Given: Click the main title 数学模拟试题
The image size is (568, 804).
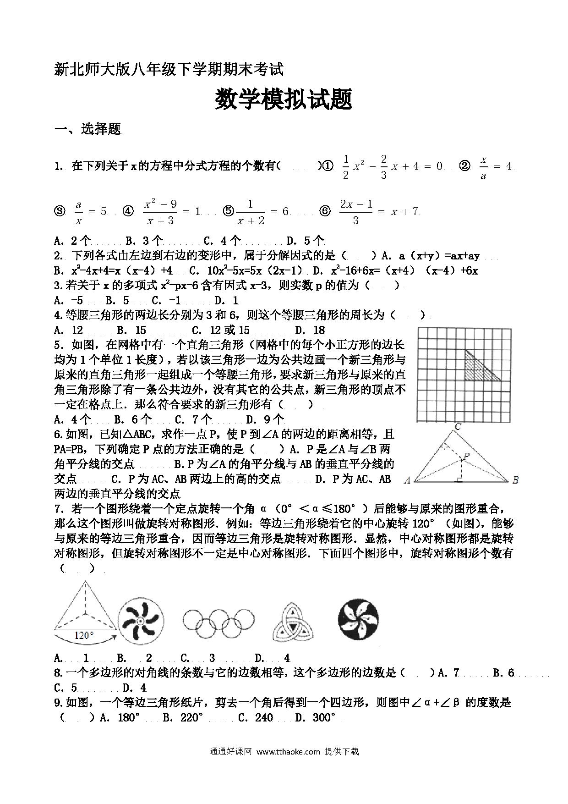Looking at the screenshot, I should [x=284, y=99].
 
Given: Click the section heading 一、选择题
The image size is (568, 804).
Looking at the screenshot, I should [x=87, y=129].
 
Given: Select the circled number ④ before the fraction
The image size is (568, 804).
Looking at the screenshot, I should [x=128, y=211].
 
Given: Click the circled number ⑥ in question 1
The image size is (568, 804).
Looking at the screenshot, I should [x=325, y=211].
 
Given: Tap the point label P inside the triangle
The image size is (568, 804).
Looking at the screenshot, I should [x=466, y=456].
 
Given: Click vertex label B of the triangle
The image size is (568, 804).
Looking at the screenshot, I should [x=515, y=480].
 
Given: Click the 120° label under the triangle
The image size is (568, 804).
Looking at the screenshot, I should [x=84, y=636].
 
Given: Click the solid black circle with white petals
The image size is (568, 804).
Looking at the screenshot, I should [x=358, y=620].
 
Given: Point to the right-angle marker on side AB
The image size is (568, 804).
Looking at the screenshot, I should [x=459, y=479].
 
